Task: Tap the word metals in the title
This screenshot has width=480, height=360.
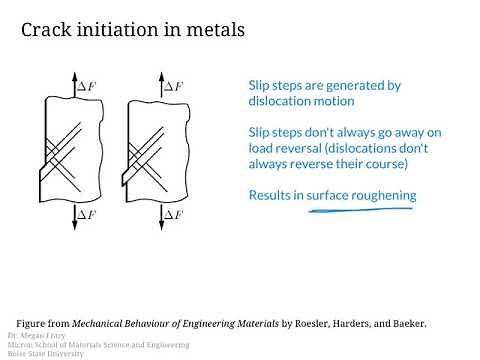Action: pyautogui.click(x=213, y=30)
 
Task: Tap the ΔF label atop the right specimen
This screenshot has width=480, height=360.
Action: pyautogui.click(x=172, y=87)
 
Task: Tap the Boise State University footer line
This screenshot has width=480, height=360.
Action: pyautogui.click(x=46, y=354)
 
